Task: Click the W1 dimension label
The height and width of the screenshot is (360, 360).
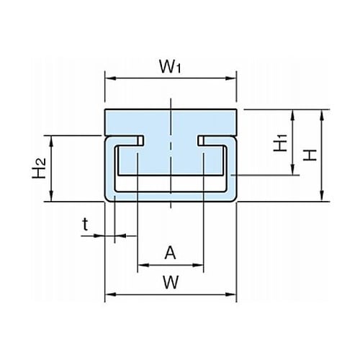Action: tap(170, 66)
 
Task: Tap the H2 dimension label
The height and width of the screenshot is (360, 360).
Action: tap(39, 168)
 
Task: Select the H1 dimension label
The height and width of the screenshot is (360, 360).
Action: tap(280, 143)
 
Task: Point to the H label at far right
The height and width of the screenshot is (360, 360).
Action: tap(310, 155)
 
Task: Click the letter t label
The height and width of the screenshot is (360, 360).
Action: tap(85, 224)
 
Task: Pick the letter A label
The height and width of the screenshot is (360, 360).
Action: tap(170, 253)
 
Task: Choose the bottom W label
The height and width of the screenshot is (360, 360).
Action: tap(171, 282)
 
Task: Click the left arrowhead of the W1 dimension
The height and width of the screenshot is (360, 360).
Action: tap(111, 78)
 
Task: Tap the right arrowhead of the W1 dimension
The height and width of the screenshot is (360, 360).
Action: tap(231, 78)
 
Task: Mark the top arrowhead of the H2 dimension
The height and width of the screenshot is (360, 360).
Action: tap(51, 141)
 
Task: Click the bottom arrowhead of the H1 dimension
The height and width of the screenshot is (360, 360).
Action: tap(292, 169)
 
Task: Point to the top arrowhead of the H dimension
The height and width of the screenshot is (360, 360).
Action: tap(322, 115)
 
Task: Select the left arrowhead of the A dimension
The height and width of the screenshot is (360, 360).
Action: tap(143, 265)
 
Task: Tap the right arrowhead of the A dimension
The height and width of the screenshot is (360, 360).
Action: tap(198, 265)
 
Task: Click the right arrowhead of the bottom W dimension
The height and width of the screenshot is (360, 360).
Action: tap(231, 294)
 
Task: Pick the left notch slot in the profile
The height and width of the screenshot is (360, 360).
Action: tap(141, 140)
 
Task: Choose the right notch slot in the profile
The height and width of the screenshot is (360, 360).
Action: tap(201, 140)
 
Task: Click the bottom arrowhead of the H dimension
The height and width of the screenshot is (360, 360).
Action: tap(322, 196)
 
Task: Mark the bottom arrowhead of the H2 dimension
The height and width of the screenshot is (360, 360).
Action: tap(51, 196)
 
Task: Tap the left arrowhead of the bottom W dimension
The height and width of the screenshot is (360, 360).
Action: tap(111, 294)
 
